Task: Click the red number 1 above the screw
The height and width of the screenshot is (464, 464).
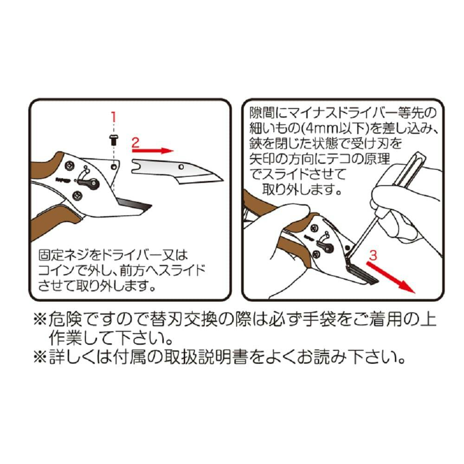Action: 114,117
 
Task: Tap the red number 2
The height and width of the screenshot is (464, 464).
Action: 135,142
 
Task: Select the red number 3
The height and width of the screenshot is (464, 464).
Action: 374,255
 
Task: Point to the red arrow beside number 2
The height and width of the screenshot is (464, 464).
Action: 152,151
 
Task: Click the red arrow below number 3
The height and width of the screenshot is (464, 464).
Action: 391,277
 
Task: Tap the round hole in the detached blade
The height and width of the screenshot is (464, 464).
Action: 181,167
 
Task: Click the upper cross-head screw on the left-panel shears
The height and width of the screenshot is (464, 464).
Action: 70,166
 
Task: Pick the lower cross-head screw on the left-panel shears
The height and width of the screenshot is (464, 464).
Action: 77,195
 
